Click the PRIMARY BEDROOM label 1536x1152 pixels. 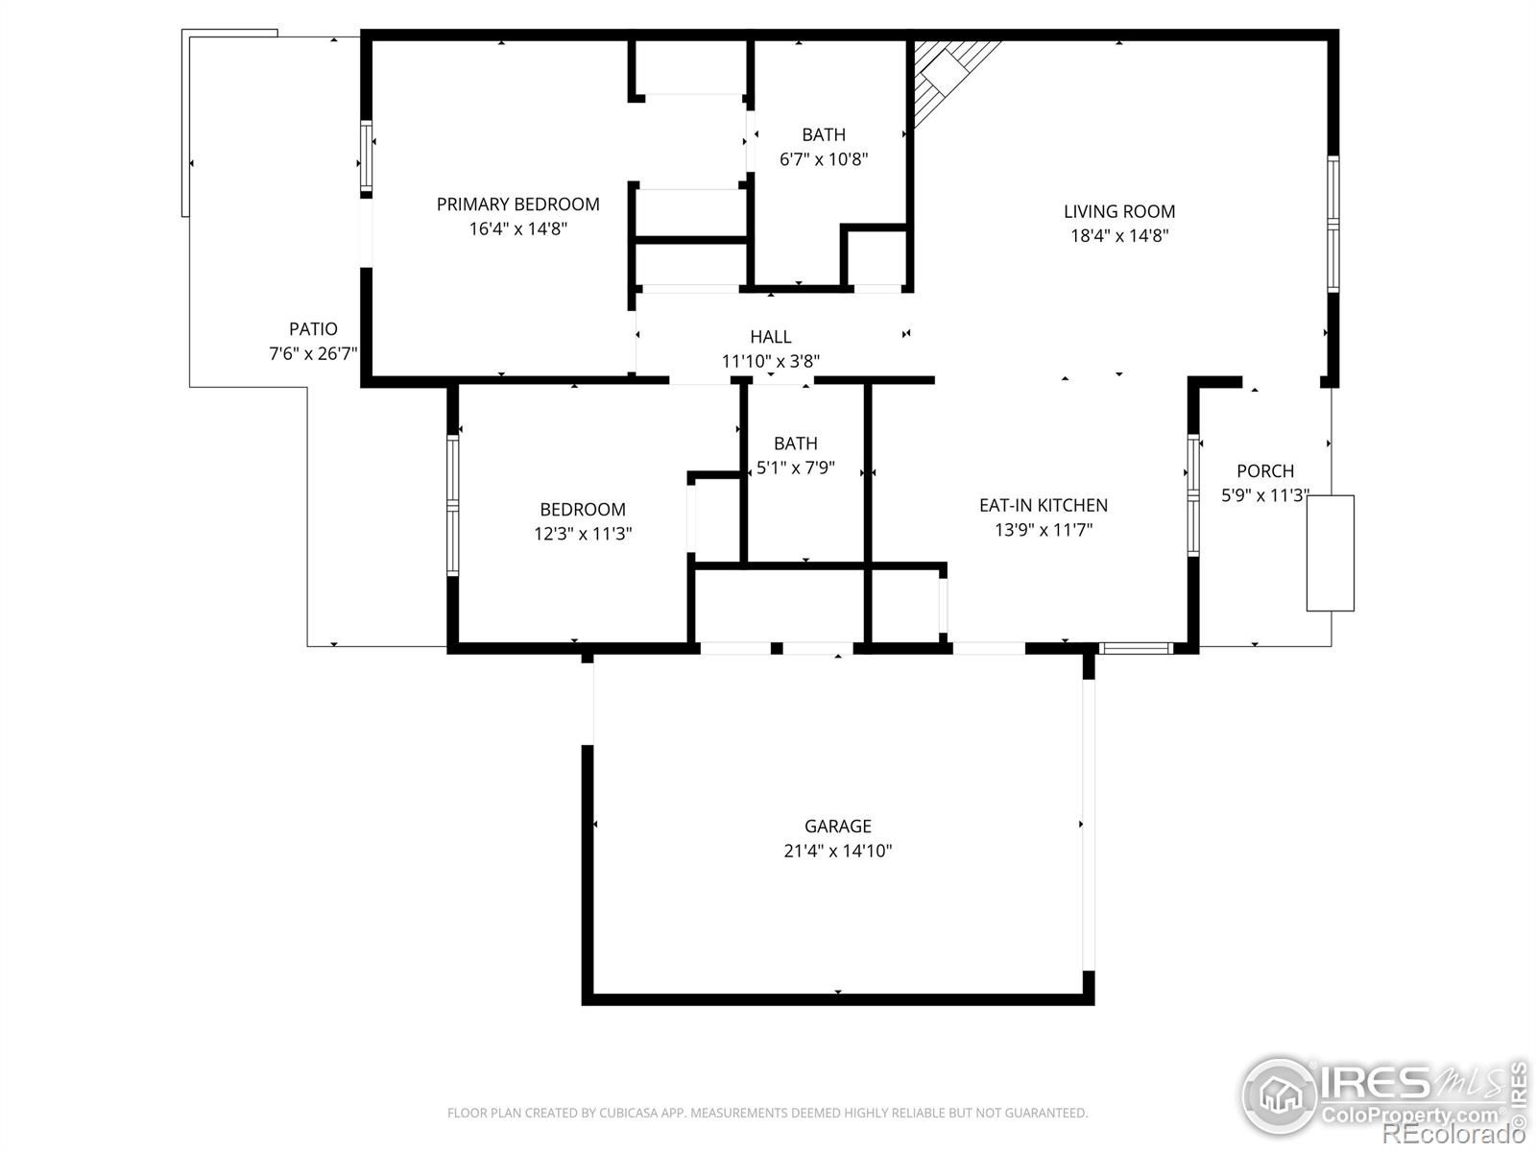(x=517, y=204)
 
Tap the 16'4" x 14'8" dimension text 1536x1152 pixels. (x=517, y=228)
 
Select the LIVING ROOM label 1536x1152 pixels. (x=1119, y=211)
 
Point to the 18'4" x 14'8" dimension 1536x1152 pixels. (x=1119, y=236)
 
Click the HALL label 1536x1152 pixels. (x=771, y=337)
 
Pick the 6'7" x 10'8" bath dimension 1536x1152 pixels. (x=824, y=158)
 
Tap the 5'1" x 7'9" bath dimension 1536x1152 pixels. (x=796, y=468)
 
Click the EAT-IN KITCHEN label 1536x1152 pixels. (x=1044, y=505)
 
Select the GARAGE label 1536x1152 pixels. (x=838, y=826)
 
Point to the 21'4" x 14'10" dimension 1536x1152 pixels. (x=838, y=851)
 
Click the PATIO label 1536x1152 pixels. (x=314, y=328)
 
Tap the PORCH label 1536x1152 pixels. (x=1265, y=470)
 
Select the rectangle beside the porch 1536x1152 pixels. (x=1331, y=553)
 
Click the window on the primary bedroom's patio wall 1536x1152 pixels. (x=366, y=156)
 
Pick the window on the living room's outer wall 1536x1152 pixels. (x=1333, y=224)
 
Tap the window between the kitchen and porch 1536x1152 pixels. (x=1193, y=495)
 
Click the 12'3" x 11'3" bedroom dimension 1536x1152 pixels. (x=583, y=534)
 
